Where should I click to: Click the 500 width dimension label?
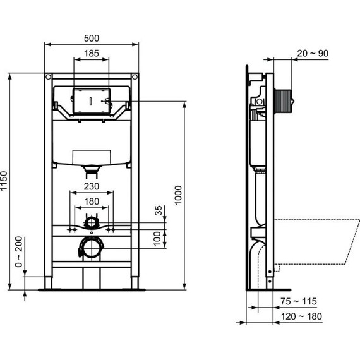tap(91, 38)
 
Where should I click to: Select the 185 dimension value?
tap(92, 54)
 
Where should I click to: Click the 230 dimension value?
tap(92, 187)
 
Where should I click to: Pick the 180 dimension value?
tap(92, 202)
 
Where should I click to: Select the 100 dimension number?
tap(157, 238)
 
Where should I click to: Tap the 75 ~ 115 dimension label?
tap(299, 303)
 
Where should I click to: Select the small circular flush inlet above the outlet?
tap(92, 222)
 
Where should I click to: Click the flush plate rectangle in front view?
tap(92, 100)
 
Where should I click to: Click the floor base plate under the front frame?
tap(92, 290)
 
